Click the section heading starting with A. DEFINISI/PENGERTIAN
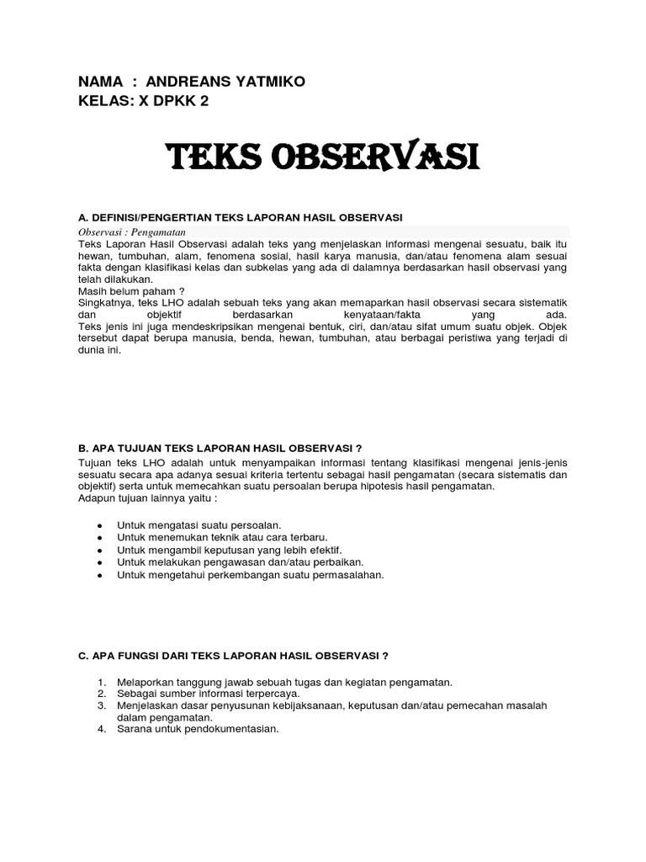(x=240, y=217)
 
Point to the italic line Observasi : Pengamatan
(x=131, y=231)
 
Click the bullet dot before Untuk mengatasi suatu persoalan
(x=100, y=525)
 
